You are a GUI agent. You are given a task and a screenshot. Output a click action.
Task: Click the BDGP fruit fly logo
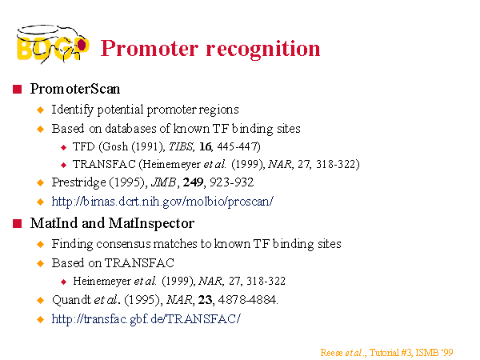pyautogui.click(x=53, y=44)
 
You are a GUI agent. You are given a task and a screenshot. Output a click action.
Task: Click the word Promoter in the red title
pyautogui.click(x=150, y=49)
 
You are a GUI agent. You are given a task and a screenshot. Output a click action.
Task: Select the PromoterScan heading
pyautogui.click(x=75, y=89)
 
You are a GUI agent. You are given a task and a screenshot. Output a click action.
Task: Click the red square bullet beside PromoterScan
pyautogui.click(x=17, y=90)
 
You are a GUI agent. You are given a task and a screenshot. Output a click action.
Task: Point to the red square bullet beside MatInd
pyautogui.click(x=17, y=224)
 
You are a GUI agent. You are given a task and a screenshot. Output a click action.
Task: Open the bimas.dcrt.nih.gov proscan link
pyautogui.click(x=162, y=202)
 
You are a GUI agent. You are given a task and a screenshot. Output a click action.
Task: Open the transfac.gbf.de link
pyautogui.click(x=146, y=318)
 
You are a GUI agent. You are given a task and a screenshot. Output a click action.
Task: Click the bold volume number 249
pyautogui.click(x=193, y=182)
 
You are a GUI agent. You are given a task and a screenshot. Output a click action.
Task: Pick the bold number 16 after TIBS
pyautogui.click(x=205, y=146)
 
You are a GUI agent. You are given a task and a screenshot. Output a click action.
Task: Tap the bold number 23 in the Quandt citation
pyautogui.click(x=205, y=300)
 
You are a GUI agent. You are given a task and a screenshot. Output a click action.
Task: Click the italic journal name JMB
pyautogui.click(x=163, y=182)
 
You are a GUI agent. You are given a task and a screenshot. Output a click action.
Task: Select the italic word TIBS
pyautogui.click(x=181, y=146)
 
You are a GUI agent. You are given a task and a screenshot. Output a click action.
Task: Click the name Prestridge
pyautogui.click(x=78, y=182)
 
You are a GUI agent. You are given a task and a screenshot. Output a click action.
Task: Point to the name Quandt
pyautogui.click(x=72, y=300)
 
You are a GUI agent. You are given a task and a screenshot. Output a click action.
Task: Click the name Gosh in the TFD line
pyautogui.click(x=115, y=146)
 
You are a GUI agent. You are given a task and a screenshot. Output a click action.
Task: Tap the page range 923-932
pyautogui.click(x=232, y=182)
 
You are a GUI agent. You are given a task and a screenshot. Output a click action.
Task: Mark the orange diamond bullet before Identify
pyautogui.click(x=41, y=110)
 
